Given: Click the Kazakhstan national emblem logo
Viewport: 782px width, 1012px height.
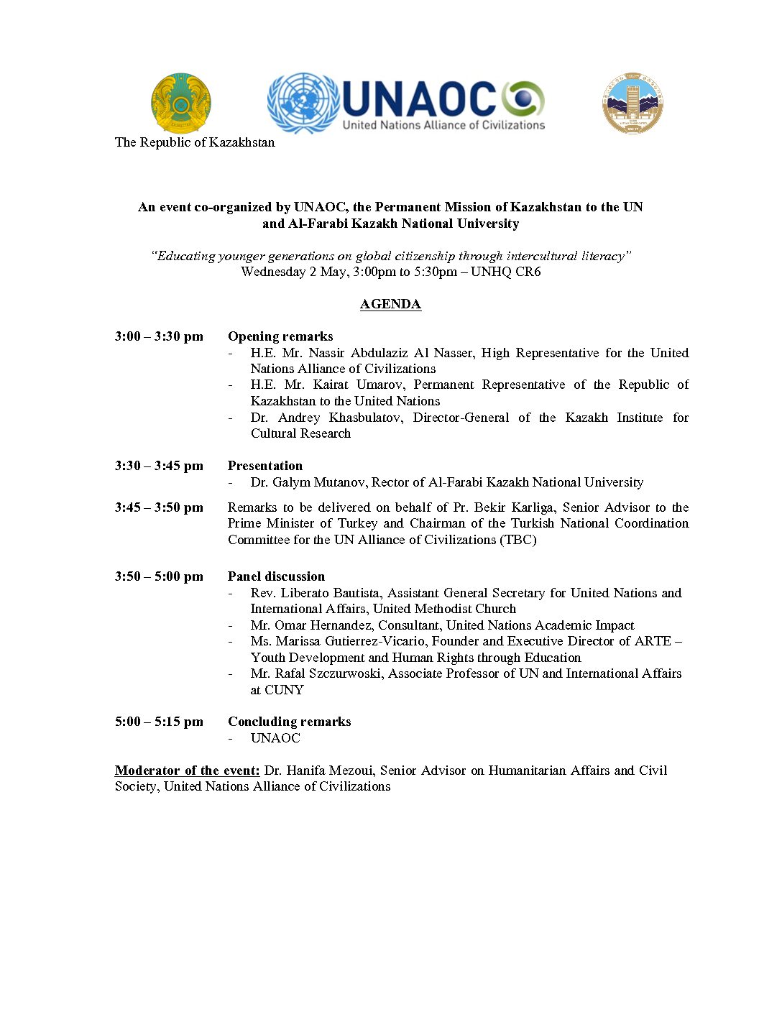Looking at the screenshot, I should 180,103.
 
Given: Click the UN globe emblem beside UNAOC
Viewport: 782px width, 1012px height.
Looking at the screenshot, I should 303,103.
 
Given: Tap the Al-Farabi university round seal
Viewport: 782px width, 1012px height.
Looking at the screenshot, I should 632,103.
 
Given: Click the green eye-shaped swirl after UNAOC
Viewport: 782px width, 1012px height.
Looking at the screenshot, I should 523,99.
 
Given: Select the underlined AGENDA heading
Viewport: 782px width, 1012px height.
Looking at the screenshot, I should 390,304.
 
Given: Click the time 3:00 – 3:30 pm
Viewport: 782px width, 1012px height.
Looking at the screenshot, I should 159,336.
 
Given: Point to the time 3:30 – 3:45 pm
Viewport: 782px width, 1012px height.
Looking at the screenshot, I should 159,466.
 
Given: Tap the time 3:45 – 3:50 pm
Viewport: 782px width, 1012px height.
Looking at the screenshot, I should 159,507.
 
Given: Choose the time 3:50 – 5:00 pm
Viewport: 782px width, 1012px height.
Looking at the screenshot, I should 159,576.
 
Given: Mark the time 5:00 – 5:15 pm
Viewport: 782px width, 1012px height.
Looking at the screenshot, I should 159,722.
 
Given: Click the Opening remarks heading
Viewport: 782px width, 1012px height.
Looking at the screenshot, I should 280,336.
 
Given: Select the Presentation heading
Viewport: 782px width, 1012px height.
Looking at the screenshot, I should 265,466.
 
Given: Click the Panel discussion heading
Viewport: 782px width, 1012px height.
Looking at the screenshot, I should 276,576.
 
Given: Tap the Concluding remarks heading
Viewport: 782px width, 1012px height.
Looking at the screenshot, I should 289,722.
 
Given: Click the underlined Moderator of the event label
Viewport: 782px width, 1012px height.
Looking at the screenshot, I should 187,770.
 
